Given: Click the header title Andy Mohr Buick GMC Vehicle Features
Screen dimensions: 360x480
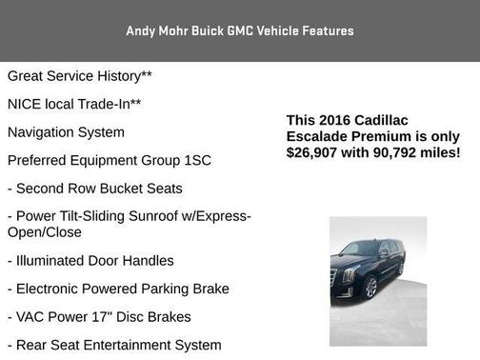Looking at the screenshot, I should tap(240, 30).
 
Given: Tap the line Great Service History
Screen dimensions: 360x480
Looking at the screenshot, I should tap(80, 75).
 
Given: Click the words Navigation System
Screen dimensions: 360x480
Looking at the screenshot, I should tap(66, 132).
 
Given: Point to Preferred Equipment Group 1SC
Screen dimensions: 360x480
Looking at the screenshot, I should tap(108, 160).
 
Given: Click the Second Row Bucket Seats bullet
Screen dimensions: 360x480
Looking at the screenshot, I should tap(95, 189).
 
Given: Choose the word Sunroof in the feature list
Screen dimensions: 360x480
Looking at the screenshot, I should tap(171, 216).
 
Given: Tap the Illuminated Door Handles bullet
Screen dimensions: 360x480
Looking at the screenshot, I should tap(90, 260).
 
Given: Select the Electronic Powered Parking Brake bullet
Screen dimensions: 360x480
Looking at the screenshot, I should tap(118, 289).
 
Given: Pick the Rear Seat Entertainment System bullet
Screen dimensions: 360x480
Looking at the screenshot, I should tap(114, 345).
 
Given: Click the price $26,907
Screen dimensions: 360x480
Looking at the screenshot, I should tap(319, 152).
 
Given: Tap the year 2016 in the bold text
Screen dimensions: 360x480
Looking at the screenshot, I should tap(338, 120).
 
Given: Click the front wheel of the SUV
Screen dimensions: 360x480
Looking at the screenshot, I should tap(370, 287).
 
